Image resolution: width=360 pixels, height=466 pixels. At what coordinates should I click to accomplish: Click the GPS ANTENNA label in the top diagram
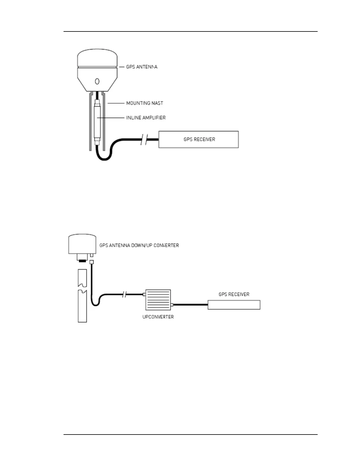point(141,67)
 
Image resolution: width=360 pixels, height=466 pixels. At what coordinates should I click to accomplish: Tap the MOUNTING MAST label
point(144,103)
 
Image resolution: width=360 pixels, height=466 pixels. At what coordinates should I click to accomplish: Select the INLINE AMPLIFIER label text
point(146,118)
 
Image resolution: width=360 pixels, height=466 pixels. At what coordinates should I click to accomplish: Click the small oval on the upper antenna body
point(97,81)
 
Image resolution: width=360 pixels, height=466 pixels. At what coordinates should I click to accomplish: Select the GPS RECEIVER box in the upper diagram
point(199,139)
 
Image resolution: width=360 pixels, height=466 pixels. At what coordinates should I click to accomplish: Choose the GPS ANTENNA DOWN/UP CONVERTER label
point(139,245)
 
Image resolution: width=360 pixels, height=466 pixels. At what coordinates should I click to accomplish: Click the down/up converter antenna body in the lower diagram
point(82,244)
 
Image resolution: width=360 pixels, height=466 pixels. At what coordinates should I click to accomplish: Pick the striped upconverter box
point(158,300)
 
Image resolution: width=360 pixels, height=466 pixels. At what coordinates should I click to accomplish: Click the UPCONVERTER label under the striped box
point(158,317)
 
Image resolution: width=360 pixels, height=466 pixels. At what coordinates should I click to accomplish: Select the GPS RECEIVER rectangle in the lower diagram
point(234,305)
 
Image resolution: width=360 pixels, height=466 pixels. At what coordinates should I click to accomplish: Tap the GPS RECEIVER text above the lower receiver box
point(234,294)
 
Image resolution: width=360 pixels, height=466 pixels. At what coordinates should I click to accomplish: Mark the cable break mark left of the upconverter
point(124,294)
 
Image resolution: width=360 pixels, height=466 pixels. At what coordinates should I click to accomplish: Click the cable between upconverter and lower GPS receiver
point(190,305)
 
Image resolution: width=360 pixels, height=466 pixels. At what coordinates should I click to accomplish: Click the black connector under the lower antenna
point(82,261)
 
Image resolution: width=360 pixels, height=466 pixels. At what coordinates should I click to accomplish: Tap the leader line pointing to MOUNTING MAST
point(116,103)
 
